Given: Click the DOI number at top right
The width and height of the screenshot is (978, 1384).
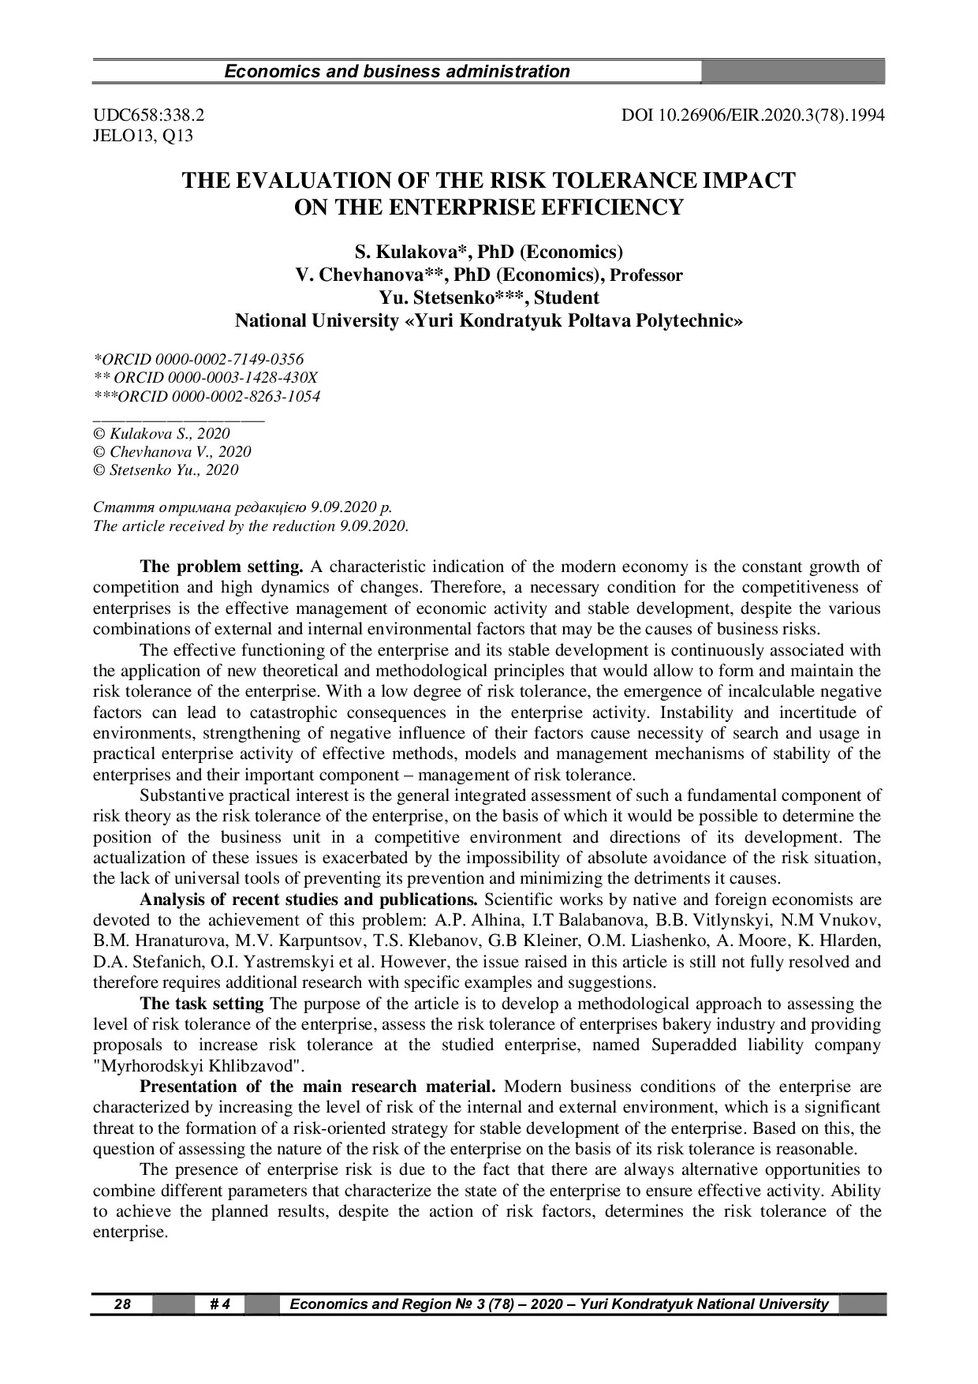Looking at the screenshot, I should (752, 115).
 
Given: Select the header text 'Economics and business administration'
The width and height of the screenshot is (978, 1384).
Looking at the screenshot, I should (397, 72).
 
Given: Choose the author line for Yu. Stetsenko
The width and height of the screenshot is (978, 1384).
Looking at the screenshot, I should (488, 297).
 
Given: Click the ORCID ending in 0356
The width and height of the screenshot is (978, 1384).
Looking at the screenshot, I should (198, 360).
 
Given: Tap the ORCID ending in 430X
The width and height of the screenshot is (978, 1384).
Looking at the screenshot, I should (205, 378).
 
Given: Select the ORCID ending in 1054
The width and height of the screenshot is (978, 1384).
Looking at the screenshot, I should (207, 396).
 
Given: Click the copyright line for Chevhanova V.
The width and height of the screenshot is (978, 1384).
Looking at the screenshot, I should (172, 451).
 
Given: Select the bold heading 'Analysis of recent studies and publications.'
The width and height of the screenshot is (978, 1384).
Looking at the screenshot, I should (308, 900).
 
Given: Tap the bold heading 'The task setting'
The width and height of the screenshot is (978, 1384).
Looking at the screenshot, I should (201, 1004).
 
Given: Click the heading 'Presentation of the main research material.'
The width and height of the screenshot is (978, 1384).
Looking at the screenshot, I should (318, 1087).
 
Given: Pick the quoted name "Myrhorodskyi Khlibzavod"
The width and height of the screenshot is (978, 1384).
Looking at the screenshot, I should (198, 1066).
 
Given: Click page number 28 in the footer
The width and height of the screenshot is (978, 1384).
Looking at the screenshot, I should (122, 1304).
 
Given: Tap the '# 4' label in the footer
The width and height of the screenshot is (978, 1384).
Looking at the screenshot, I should (219, 1304).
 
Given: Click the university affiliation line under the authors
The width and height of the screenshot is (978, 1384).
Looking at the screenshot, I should (488, 321).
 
